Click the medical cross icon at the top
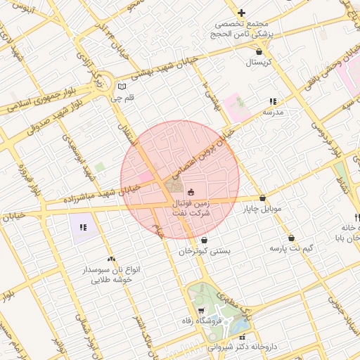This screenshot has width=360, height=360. coord(242,13)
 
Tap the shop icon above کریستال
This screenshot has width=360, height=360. coord(260,51)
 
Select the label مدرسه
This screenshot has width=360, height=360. coord(273,112)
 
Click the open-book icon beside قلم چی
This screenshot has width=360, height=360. coord(122,87)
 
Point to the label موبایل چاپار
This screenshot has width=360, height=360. coord(262,209)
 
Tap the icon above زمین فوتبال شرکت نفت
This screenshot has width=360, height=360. coord(191,191)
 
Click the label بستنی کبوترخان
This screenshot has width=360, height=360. coord(205,250)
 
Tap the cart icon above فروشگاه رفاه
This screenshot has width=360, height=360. coord(201,310)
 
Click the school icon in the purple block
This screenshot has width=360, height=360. coord(83,227)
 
